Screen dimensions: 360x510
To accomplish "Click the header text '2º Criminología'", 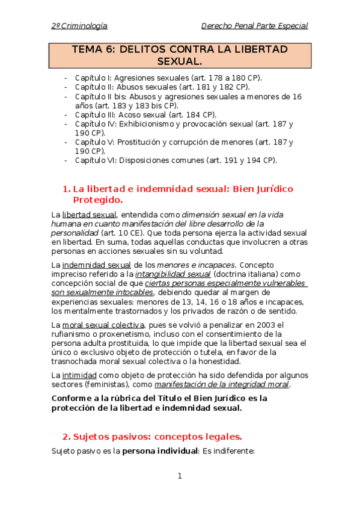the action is pyautogui.click(x=79, y=26).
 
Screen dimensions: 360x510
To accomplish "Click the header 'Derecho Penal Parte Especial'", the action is pyautogui.click(x=254, y=26).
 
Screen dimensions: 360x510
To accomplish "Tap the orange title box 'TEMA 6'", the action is pyautogui.click(x=180, y=55).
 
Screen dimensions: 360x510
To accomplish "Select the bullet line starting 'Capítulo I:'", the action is pyautogui.click(x=168, y=78).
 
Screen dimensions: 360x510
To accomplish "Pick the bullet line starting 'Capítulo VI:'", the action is pyautogui.click(x=175, y=160).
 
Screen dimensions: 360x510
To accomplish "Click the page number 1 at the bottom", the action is pyautogui.click(x=179, y=476).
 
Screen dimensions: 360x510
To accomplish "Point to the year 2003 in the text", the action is pyautogui.click(x=260, y=325).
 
